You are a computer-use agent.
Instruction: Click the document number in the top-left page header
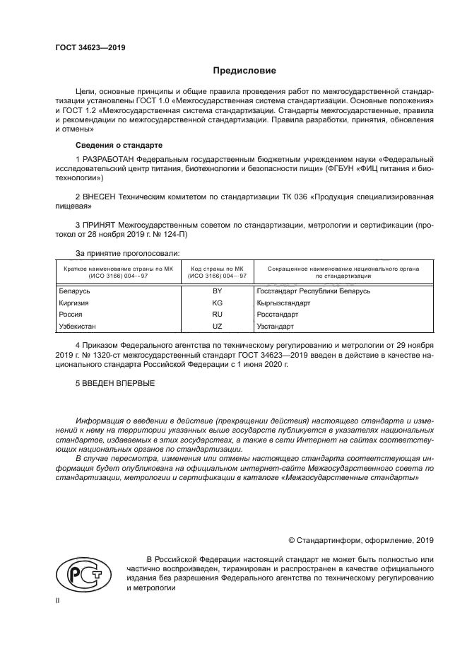[x=90, y=49]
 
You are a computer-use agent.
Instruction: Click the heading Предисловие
[x=245, y=71]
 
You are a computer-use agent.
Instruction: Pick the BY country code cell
[x=217, y=291]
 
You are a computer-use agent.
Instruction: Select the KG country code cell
[x=217, y=303]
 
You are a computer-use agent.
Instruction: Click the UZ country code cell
[x=217, y=327]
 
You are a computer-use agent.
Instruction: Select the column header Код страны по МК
[x=217, y=269]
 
